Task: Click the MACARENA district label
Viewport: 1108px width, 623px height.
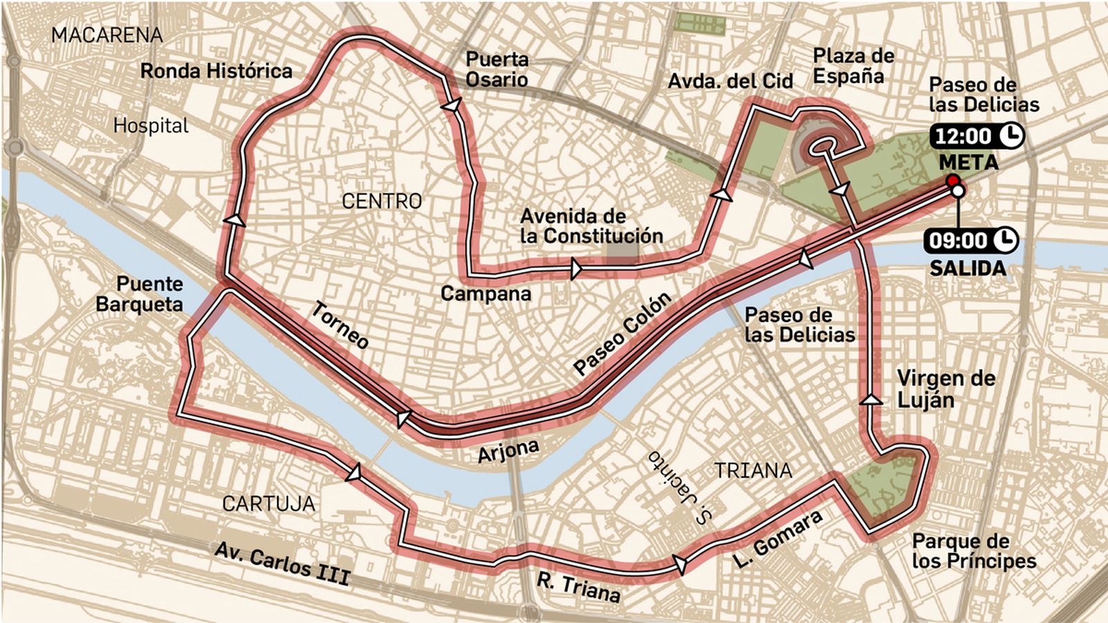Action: pyautogui.click(x=107, y=35)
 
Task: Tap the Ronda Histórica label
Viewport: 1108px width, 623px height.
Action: pyautogui.click(x=216, y=71)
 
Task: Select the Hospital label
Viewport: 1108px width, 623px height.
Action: pyautogui.click(x=151, y=125)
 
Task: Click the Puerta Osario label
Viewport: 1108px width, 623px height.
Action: pyautogui.click(x=497, y=69)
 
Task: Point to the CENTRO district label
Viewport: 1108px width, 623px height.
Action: pyautogui.click(x=382, y=201)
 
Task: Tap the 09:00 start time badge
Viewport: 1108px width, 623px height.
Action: pyautogui.click(x=971, y=240)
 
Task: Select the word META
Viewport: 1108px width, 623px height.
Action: pyautogui.click(x=968, y=163)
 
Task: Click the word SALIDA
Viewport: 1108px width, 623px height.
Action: pyautogui.click(x=967, y=268)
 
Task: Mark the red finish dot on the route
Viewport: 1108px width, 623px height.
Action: pyautogui.click(x=952, y=181)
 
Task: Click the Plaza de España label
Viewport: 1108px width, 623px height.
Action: pyautogui.click(x=853, y=66)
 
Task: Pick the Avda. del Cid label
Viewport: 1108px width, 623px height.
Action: pyautogui.click(x=730, y=81)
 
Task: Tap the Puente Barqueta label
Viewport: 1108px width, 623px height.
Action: pyautogui.click(x=141, y=294)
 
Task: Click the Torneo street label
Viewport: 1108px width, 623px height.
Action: pyautogui.click(x=339, y=325)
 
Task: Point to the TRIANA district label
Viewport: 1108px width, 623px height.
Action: pyautogui.click(x=753, y=471)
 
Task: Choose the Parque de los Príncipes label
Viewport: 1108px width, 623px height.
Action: pyautogui.click(x=974, y=551)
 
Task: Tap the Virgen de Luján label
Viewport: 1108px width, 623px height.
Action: pyautogui.click(x=945, y=389)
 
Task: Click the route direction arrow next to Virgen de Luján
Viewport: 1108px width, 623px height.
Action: pyautogui.click(x=871, y=399)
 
